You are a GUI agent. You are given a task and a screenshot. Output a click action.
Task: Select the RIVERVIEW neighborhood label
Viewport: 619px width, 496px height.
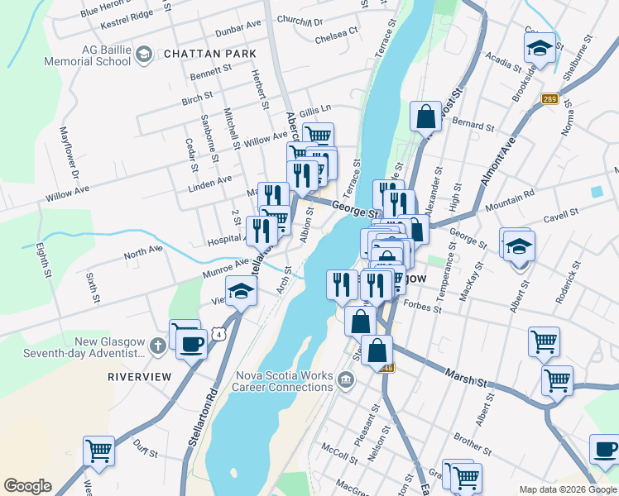pos(139,376)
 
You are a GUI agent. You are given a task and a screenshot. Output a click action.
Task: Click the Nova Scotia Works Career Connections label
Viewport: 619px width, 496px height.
pos(283,380)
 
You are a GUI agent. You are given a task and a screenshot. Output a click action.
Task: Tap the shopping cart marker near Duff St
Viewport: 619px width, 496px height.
pos(98,451)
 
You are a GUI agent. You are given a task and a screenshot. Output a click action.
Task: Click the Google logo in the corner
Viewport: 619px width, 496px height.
pos(27,486)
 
